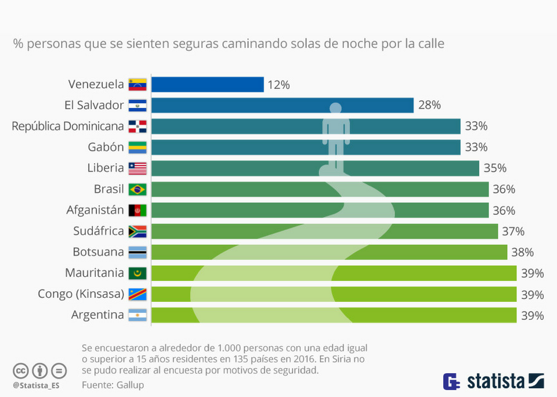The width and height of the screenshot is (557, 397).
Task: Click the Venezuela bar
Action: (x=207, y=85)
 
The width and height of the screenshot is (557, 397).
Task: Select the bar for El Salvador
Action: (x=282, y=106)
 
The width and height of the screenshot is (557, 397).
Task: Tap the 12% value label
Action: (x=278, y=85)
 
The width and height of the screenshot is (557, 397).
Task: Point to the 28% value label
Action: (x=429, y=106)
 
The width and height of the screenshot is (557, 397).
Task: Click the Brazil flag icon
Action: (x=138, y=189)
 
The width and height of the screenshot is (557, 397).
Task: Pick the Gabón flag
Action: (x=138, y=147)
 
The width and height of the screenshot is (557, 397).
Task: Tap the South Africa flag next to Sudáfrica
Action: (x=138, y=232)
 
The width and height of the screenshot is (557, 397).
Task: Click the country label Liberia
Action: (x=105, y=168)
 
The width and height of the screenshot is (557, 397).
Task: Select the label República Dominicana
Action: (x=68, y=127)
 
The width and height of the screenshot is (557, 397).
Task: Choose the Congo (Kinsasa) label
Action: (x=81, y=294)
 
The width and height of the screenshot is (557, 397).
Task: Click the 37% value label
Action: (x=513, y=232)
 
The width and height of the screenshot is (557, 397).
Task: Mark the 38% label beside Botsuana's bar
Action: (x=522, y=252)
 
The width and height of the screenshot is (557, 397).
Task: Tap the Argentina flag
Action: (x=138, y=315)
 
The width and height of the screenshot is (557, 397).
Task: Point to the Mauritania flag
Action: (x=138, y=273)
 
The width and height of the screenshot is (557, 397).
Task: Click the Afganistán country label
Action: (x=95, y=210)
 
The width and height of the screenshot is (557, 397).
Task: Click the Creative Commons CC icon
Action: (x=21, y=370)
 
